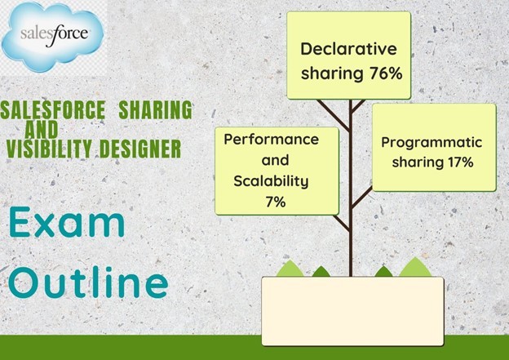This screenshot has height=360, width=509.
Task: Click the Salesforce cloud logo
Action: click(52, 36)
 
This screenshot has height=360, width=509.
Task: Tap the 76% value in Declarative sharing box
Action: click(386, 73)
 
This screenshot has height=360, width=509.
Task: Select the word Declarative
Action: click(348, 49)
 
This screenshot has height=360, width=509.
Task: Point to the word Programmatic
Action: click(432, 143)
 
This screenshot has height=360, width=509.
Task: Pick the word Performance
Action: click(272, 140)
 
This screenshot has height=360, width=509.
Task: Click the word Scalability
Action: click(271, 181)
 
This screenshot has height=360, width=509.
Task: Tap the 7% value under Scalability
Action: click(276, 202)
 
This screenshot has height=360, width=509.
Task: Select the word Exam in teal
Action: click(67, 222)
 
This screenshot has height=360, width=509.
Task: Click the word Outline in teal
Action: click(88, 282)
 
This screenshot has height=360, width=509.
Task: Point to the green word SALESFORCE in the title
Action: click(53, 110)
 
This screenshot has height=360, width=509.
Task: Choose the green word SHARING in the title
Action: click(156, 110)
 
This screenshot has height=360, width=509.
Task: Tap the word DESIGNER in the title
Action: click(140, 149)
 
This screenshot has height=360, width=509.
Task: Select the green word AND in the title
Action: click(42, 129)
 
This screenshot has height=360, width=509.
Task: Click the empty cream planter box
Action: click(352, 311)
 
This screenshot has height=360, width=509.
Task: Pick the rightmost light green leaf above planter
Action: click(415, 267)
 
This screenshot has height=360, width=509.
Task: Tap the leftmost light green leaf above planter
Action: click(290, 269)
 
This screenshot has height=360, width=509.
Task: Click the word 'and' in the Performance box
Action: click(275, 160)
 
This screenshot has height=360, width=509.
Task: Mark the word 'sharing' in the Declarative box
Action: click(332, 73)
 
